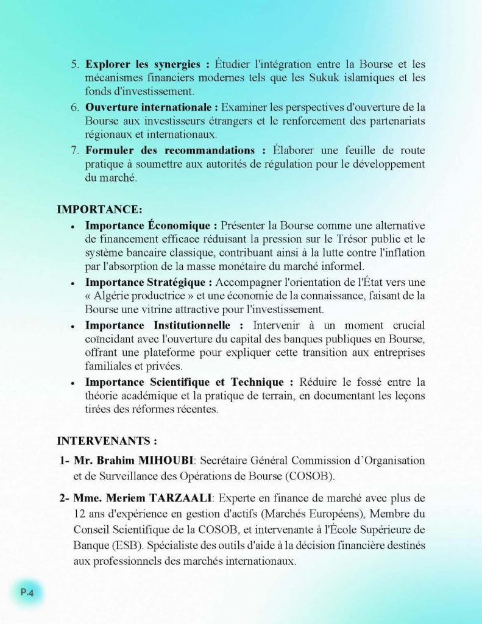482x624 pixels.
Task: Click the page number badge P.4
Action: pyautogui.click(x=27, y=590)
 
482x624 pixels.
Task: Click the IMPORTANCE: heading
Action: pyautogui.click(x=99, y=209)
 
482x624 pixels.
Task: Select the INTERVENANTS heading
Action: pyautogui.click(x=107, y=440)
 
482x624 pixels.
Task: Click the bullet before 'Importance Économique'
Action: pyautogui.click(x=73, y=226)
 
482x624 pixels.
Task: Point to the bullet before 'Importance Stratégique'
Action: pyautogui.click(x=73, y=283)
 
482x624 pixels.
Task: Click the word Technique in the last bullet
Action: pyautogui.click(x=257, y=383)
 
